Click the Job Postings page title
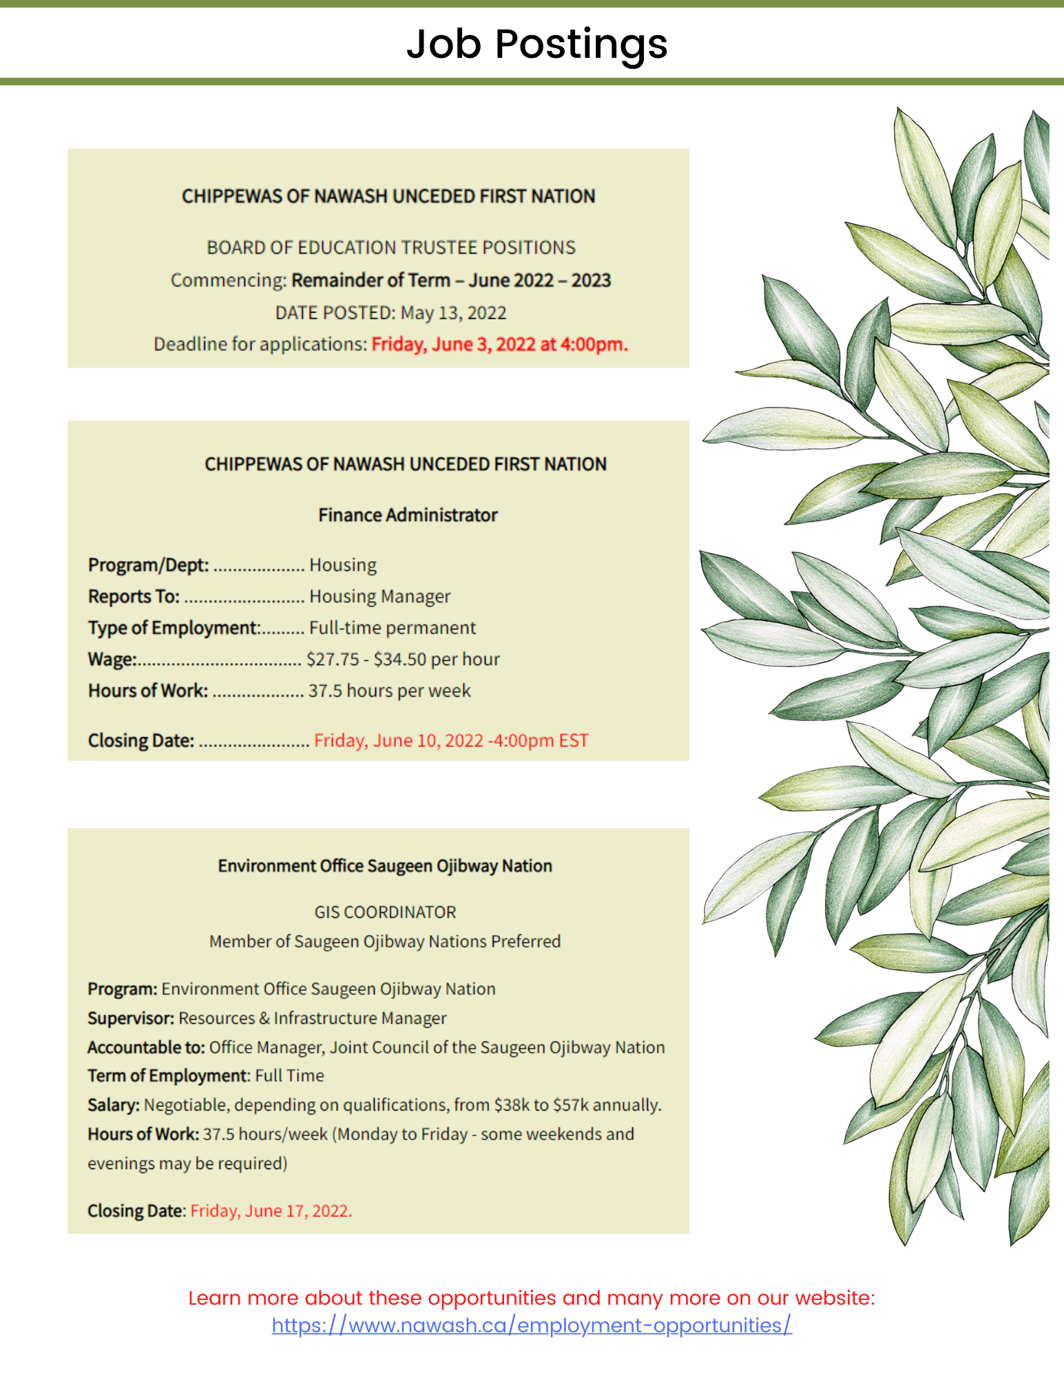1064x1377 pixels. click(x=536, y=44)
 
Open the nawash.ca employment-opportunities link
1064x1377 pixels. click(x=532, y=1325)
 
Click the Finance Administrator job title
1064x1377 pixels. click(x=408, y=515)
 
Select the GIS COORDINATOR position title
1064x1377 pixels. click(x=385, y=912)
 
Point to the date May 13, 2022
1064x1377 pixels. click(x=453, y=313)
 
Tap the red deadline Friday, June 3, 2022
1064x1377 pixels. click(x=499, y=344)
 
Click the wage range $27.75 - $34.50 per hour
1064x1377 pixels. click(x=403, y=659)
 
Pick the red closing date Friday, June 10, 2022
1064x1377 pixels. click(x=451, y=740)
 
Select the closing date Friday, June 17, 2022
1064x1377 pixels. click(x=271, y=1210)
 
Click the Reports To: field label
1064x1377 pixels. click(x=134, y=596)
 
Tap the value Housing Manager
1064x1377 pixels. click(x=379, y=596)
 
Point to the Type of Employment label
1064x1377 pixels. click(x=173, y=628)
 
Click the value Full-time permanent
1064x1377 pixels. click(x=393, y=628)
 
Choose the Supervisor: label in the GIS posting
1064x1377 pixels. click(x=131, y=1018)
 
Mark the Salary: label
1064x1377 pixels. click(x=114, y=1104)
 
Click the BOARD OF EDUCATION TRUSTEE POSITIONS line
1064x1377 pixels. click(x=391, y=247)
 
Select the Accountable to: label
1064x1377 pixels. click(x=146, y=1047)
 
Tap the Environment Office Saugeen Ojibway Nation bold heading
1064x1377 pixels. click(x=385, y=865)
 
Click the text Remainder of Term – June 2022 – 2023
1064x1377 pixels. click(x=451, y=280)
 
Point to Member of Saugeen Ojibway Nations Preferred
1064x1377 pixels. click(x=385, y=941)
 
